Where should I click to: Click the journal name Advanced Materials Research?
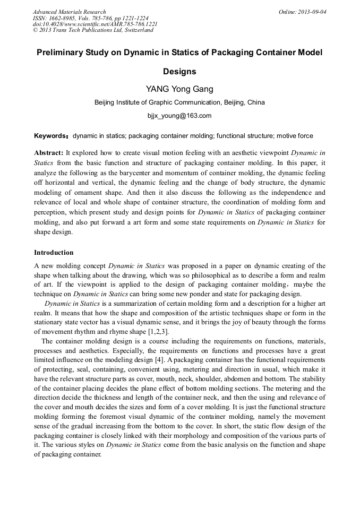(69, 12)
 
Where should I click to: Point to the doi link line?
(95, 24)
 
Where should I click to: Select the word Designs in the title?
(179, 72)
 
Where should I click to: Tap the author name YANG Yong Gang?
(179, 89)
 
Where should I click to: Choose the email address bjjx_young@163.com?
(179, 115)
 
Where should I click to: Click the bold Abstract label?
(49, 152)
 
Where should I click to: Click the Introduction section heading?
(54, 253)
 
